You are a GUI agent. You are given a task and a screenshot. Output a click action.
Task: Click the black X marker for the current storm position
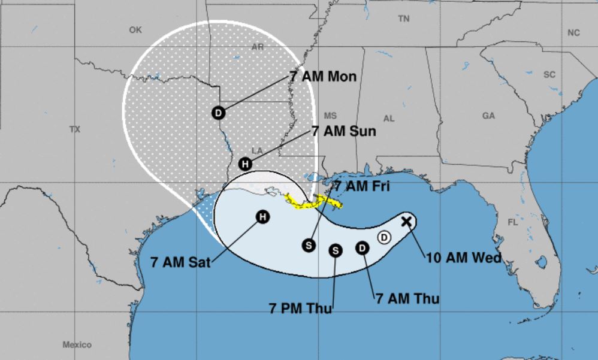point(406,221)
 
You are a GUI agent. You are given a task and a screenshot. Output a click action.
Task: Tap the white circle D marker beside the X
point(384,238)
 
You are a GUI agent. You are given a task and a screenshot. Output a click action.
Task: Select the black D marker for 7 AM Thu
point(363,247)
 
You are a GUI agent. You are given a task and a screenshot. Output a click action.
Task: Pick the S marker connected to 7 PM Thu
point(336,250)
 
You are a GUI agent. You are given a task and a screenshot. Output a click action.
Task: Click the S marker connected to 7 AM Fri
point(309,244)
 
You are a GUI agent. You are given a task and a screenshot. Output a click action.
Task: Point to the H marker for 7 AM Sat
point(262,217)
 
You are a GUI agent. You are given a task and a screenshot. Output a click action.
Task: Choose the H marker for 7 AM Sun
point(244,164)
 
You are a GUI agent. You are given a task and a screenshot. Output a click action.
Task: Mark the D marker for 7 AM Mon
point(219,112)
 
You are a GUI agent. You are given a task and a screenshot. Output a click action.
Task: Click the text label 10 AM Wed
point(463,258)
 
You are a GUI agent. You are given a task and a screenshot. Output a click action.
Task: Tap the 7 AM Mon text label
point(322,77)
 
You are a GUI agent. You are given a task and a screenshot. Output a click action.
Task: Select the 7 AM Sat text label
point(180,262)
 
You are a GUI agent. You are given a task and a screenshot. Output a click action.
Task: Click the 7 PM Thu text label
point(298,309)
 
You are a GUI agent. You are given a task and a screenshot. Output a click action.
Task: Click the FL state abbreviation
point(512,222)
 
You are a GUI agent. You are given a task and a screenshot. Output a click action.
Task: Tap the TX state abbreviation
point(74,129)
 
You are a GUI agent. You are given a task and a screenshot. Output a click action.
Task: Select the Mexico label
point(77,344)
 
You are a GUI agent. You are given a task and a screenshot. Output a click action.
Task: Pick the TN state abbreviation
point(403,19)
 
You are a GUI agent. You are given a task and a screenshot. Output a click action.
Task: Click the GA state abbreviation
point(488,116)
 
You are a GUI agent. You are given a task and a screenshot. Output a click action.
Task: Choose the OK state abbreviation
point(135,29)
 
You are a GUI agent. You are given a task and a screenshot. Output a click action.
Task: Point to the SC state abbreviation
point(549,75)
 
